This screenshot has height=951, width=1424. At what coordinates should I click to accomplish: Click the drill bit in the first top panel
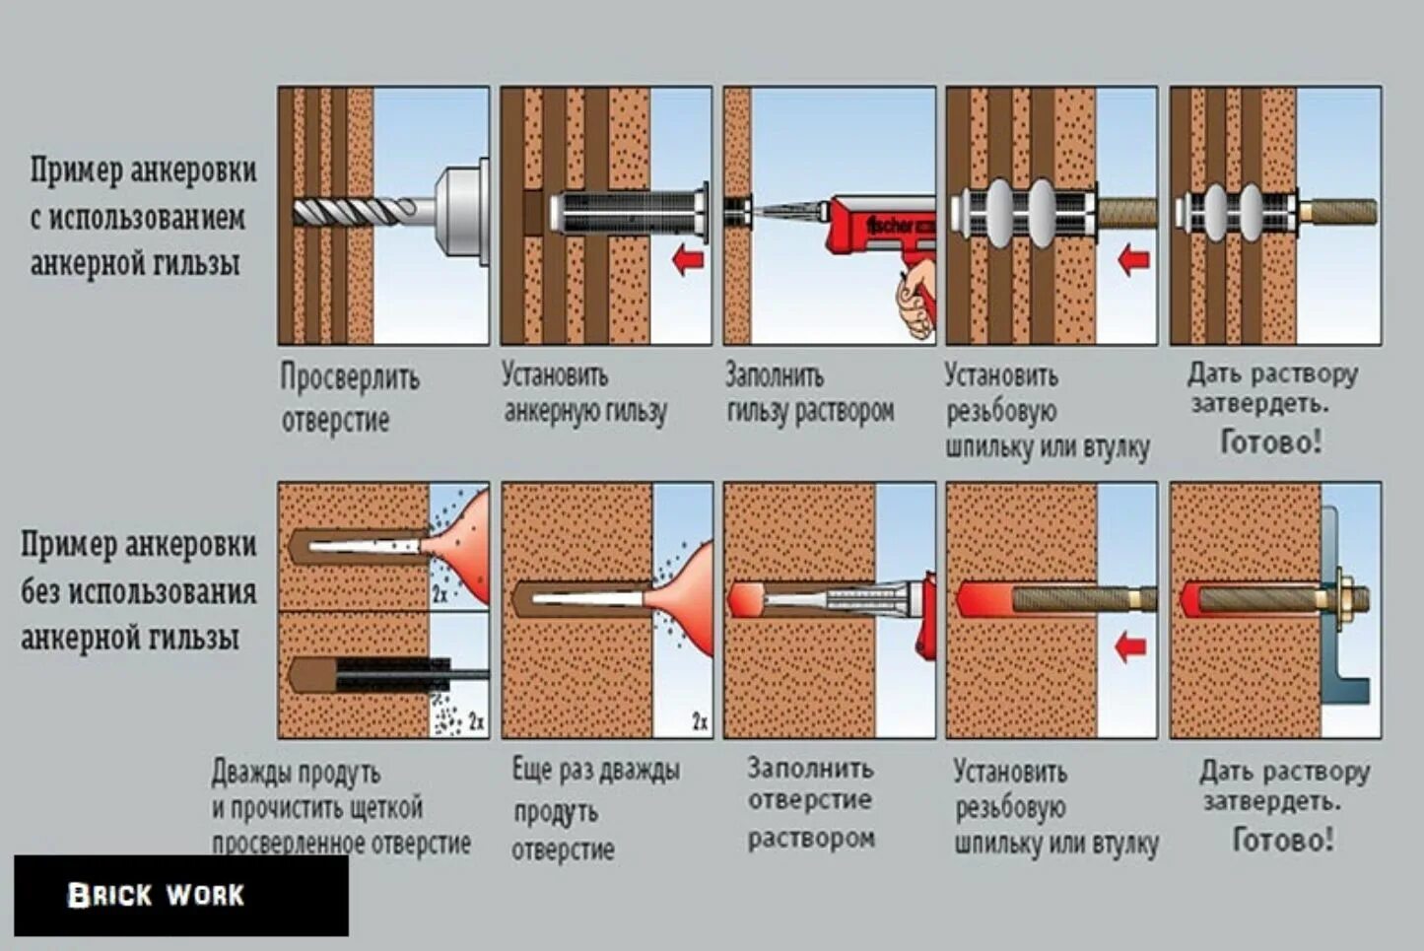355,211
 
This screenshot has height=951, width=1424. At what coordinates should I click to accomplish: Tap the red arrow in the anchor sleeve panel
687,260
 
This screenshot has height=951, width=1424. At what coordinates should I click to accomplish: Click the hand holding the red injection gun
916,300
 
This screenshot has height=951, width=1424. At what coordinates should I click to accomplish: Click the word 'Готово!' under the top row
1270,442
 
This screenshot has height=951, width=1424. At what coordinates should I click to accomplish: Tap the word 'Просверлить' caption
350,377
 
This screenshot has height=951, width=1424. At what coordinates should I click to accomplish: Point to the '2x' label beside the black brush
475,722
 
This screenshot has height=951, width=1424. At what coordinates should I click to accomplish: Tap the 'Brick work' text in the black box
156,895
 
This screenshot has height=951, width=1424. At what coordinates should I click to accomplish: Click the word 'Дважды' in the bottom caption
246,772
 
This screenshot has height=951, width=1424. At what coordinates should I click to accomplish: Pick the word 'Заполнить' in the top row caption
774,375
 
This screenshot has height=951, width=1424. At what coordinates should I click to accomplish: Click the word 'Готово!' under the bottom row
1283,840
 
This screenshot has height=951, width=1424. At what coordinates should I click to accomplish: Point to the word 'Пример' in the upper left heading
73,170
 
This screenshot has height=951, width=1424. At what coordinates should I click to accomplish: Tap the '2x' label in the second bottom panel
699,722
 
